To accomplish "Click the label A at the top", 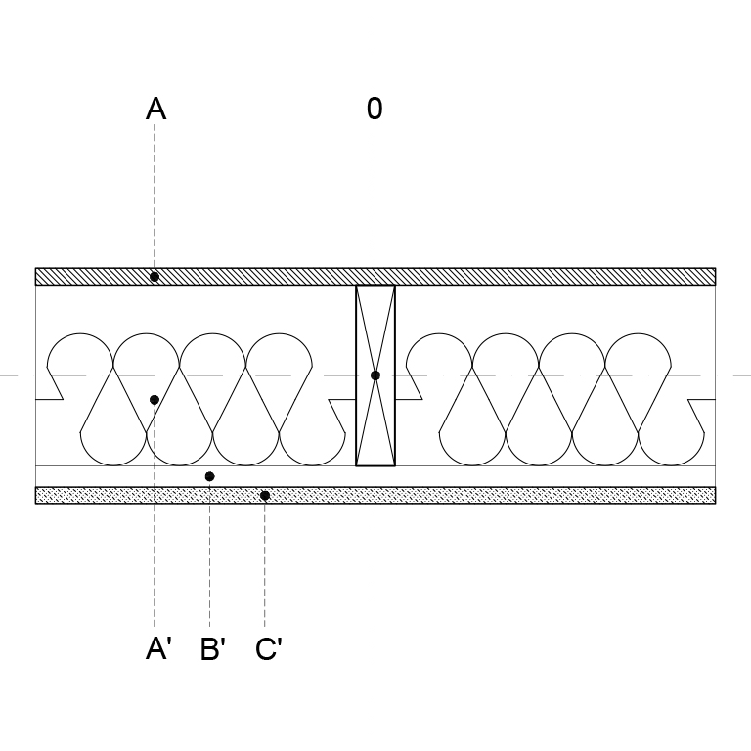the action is (156, 109).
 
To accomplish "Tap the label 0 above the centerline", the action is (375, 109).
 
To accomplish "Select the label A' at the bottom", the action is (158, 649).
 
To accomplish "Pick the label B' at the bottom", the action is (213, 649).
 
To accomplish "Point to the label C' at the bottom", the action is (269, 649).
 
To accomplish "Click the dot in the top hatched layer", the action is (155, 277).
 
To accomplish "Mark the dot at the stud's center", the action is (375, 375).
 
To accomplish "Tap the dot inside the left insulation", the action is (155, 399).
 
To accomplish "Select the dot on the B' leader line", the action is (209, 476).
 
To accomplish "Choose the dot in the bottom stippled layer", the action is (265, 495).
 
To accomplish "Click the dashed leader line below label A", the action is (155, 375).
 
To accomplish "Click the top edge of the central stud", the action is (375, 286).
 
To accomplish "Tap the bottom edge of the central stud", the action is (375, 465).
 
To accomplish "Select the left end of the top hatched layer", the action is (36, 277).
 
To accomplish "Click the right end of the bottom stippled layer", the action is (716, 495).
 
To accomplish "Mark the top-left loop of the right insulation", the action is (439, 333).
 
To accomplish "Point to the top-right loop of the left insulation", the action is (279, 333).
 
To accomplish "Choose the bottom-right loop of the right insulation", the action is (671, 464).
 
